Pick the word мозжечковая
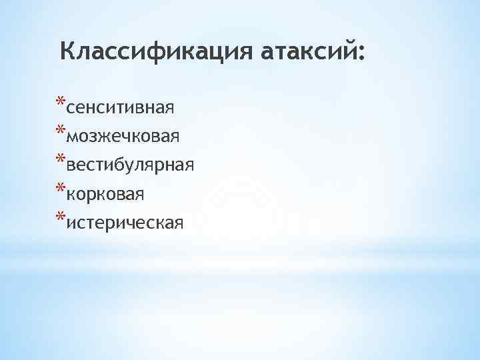[x=123, y=137]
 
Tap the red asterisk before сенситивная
[x=61, y=102]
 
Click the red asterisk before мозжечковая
[x=61, y=131]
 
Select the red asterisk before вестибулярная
[x=61, y=159]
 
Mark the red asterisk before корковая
[x=61, y=188]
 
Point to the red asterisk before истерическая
[x=61, y=217]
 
